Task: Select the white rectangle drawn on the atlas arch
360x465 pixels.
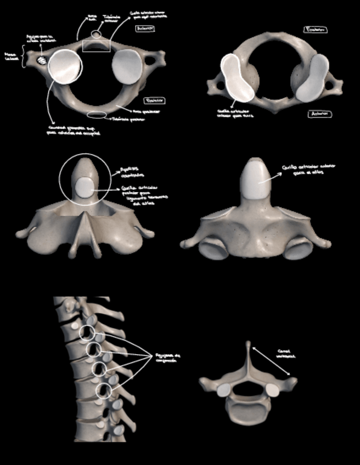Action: click(x=96, y=46)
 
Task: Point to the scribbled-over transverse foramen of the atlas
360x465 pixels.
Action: click(x=41, y=60)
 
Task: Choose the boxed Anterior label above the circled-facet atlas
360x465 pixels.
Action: click(x=145, y=29)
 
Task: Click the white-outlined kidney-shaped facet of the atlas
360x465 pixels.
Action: click(x=236, y=77)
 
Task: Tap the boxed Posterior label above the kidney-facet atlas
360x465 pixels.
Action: click(x=317, y=30)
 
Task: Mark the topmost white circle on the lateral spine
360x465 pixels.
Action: click(x=87, y=333)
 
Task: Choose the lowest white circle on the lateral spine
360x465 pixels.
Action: click(x=104, y=390)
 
